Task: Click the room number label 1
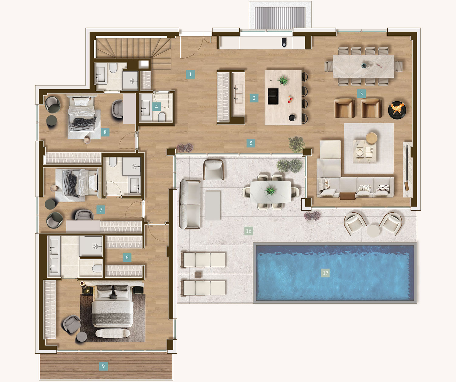click(x=190, y=74)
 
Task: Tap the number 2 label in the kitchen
click(x=254, y=98)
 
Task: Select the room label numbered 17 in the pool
click(x=325, y=273)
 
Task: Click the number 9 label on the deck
click(x=103, y=366)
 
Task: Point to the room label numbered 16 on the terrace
click(x=249, y=231)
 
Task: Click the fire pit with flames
click(x=397, y=109)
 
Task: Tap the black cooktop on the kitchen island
click(x=273, y=96)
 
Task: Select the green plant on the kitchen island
click(x=283, y=81)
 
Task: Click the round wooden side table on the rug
click(x=371, y=138)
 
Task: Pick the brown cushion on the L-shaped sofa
click(x=347, y=196)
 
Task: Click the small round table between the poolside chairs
click(x=373, y=231)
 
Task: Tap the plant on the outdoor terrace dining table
click(x=270, y=191)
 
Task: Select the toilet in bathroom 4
click(x=162, y=117)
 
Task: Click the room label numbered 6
click(x=127, y=258)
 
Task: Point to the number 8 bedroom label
click(x=105, y=132)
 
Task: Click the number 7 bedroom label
click(x=101, y=210)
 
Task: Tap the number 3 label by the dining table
click(x=361, y=93)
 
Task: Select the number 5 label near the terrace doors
click(x=251, y=143)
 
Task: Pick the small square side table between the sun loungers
click(x=198, y=275)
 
